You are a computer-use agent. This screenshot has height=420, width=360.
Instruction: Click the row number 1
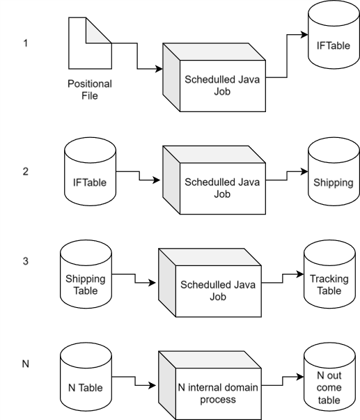26,43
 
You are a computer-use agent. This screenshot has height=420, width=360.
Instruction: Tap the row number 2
26,171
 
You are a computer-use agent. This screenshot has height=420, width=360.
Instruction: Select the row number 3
26,261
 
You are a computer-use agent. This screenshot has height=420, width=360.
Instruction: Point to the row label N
26,364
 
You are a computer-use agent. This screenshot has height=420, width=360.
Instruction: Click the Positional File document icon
90,43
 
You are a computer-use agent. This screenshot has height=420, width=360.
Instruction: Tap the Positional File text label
90,90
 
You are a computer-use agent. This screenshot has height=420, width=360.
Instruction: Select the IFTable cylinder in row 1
334,35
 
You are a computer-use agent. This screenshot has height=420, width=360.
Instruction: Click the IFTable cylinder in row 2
90,171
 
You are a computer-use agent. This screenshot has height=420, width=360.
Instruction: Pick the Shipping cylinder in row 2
334,171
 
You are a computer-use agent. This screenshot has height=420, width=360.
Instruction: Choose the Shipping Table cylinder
86,274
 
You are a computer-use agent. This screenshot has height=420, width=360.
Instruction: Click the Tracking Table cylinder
329,274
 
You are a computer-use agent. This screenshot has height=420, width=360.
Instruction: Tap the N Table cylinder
86,377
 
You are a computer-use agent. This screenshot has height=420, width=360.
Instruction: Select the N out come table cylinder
329,377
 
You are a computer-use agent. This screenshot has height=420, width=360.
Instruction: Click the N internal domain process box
210,385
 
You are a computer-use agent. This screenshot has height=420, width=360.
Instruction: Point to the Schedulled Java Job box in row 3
210,283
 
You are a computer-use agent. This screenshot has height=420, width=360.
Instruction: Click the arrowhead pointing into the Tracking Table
300,274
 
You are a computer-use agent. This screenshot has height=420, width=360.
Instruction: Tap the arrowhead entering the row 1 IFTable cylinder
304,35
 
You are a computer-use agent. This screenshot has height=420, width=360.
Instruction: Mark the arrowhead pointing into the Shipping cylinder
304,171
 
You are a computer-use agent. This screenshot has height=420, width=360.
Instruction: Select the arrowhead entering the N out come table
300,377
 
